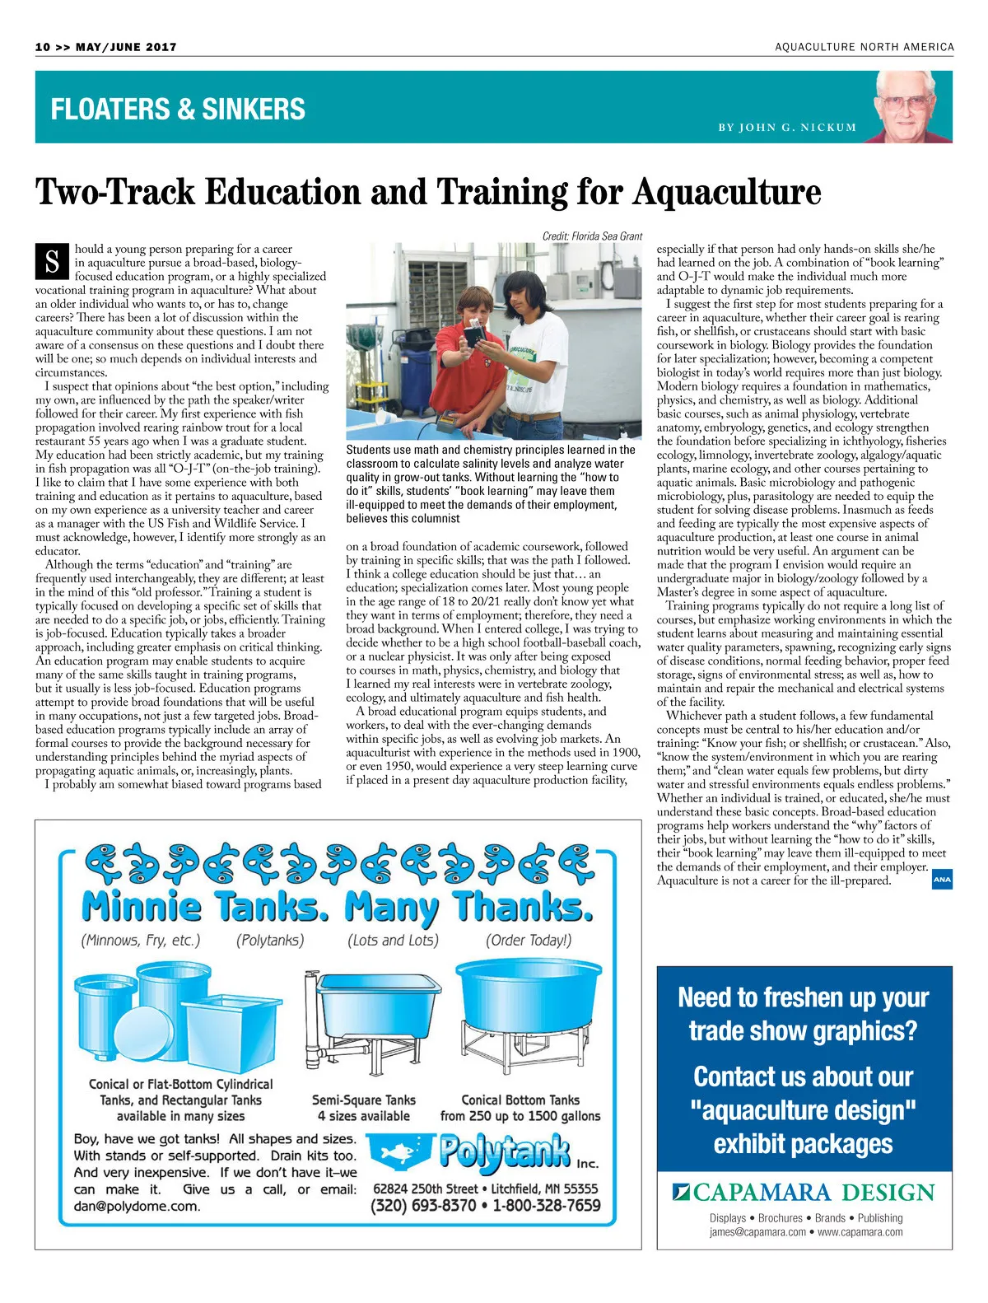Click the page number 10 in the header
click(x=43, y=47)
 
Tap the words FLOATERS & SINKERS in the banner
click(x=178, y=109)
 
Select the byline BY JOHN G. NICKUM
click(x=787, y=128)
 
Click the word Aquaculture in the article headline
click(x=727, y=192)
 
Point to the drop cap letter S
click(x=52, y=261)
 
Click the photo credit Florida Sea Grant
click(x=592, y=236)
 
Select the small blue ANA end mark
click(x=942, y=880)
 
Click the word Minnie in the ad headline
click(x=142, y=907)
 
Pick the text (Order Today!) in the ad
click(x=528, y=940)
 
